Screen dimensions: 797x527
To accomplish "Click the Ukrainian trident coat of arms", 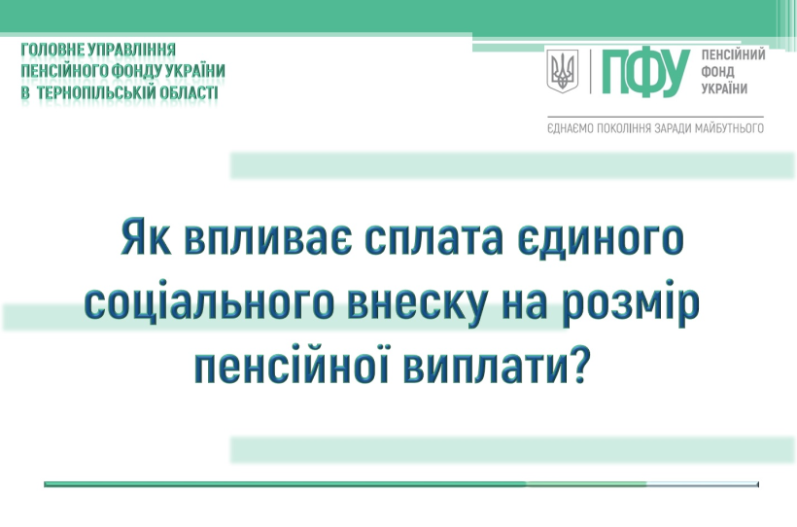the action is [x=562, y=71].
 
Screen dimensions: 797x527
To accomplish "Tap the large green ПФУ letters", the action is [x=645, y=73].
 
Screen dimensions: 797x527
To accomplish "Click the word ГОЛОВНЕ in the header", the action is [x=52, y=50].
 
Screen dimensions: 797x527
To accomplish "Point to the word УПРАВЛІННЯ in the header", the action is [x=132, y=50].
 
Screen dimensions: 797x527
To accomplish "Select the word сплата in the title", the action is [x=434, y=238].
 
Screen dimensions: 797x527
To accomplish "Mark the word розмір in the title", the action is [x=631, y=303].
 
